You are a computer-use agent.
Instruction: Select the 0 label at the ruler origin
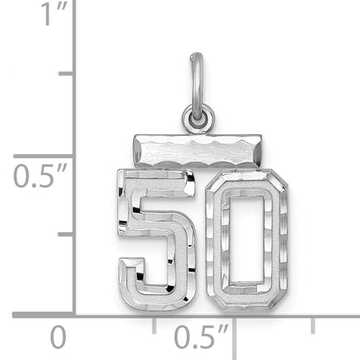[57, 336]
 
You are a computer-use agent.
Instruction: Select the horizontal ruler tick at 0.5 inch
[234, 321]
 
